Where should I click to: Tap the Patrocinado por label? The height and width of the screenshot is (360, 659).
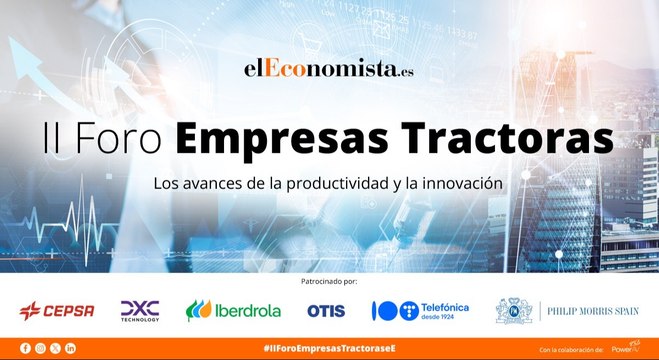click(329, 284)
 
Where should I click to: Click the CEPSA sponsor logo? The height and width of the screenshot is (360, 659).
click(57, 311)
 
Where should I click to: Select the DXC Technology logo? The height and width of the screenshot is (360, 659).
click(139, 311)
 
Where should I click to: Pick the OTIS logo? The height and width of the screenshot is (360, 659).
click(325, 311)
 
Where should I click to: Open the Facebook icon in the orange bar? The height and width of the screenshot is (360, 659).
click(25, 348)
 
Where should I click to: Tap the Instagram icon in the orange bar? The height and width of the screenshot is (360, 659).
click(40, 348)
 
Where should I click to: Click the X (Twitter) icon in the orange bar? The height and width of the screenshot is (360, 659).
click(55, 348)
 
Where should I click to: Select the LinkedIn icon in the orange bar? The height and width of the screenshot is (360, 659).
click(70, 348)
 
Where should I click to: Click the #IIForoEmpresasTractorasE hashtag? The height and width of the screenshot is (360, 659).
click(328, 348)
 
